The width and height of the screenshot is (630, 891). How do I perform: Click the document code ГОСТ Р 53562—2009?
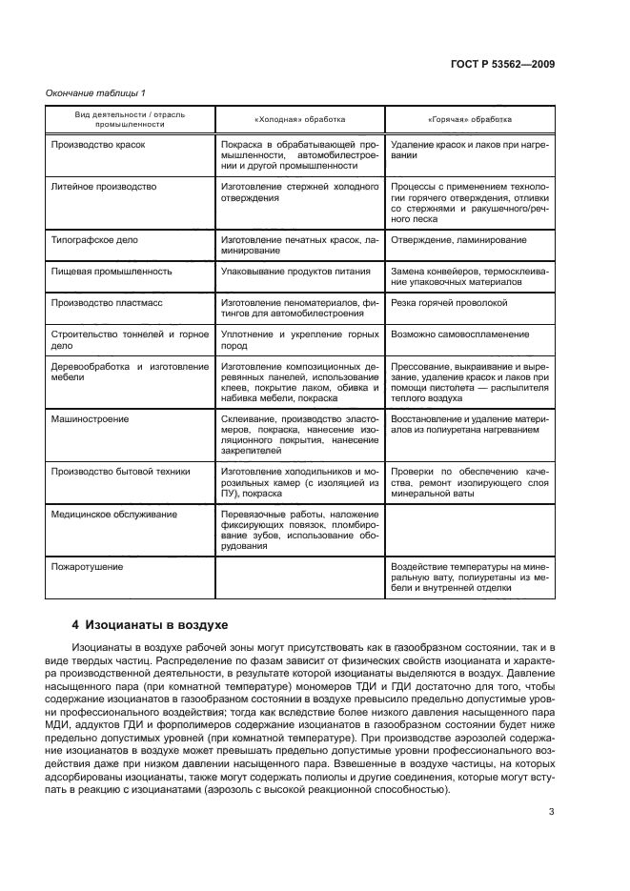[503, 64]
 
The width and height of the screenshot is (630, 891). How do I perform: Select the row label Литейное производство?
[103, 187]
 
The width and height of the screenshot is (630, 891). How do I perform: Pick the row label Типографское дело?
[93, 241]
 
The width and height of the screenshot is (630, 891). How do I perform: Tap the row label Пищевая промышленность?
[111, 271]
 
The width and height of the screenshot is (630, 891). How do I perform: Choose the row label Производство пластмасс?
[105, 301]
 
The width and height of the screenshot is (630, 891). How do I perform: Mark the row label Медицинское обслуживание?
[113, 514]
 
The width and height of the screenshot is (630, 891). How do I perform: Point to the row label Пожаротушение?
[87, 566]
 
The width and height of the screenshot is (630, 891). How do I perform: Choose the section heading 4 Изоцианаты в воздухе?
[151, 625]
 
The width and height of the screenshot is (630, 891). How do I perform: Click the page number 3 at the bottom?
[552, 812]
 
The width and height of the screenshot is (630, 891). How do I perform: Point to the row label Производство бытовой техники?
[120, 471]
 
